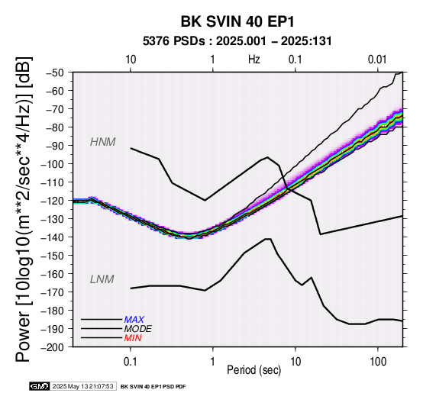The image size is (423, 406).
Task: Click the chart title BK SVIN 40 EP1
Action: (x=237, y=21)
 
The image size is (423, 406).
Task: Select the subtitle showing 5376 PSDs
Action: (x=237, y=41)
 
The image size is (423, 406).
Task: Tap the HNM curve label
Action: (x=103, y=142)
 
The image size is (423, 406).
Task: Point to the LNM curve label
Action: (x=102, y=279)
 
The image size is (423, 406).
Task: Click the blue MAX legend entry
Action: (x=134, y=320)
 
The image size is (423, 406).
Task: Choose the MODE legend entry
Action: (x=138, y=329)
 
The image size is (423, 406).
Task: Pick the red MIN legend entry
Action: (x=133, y=338)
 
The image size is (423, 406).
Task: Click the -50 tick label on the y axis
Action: (x=55, y=72)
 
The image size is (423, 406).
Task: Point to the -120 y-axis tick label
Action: (x=53, y=201)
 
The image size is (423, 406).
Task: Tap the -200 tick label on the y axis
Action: (x=53, y=347)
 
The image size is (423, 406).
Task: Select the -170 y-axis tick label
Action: (x=53, y=292)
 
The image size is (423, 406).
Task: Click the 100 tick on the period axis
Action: (x=378, y=362)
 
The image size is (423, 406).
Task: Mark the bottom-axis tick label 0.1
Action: (x=130, y=362)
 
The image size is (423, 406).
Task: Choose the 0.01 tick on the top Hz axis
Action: (x=377, y=60)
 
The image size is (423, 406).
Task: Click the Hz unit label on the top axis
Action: (x=254, y=60)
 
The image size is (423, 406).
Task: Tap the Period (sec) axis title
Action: (x=253, y=370)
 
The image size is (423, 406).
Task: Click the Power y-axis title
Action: (x=23, y=209)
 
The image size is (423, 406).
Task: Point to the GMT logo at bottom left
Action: (x=40, y=386)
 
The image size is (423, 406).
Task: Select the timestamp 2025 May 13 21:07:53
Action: (x=82, y=387)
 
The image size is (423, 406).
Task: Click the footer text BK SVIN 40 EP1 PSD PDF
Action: (x=153, y=387)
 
